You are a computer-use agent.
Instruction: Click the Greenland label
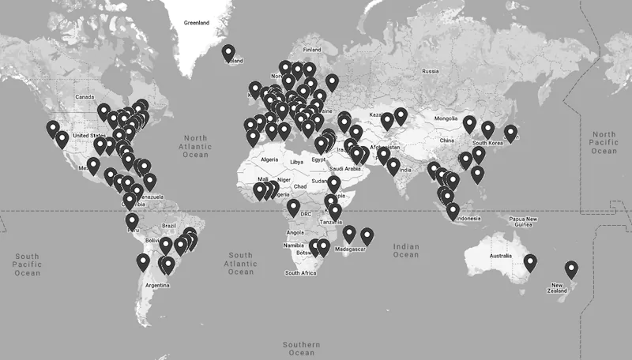click(x=196, y=24)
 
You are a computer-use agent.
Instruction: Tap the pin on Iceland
click(x=228, y=53)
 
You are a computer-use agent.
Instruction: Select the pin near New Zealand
click(x=571, y=269)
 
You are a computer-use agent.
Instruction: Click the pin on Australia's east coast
click(x=530, y=262)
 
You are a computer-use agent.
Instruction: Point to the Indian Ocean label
click(x=406, y=250)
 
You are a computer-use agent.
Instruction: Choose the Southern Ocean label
click(x=303, y=348)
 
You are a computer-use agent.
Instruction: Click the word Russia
click(x=430, y=72)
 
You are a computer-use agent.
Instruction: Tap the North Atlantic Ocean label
click(x=195, y=146)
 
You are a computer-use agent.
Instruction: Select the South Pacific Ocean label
click(x=27, y=264)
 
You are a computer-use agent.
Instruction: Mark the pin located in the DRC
click(x=293, y=208)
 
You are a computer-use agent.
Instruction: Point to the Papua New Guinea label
click(x=521, y=222)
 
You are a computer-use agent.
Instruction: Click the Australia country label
click(x=500, y=257)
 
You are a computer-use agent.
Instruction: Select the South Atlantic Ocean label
click(x=241, y=264)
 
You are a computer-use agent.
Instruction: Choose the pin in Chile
click(x=143, y=262)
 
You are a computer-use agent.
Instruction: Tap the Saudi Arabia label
click(x=345, y=168)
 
